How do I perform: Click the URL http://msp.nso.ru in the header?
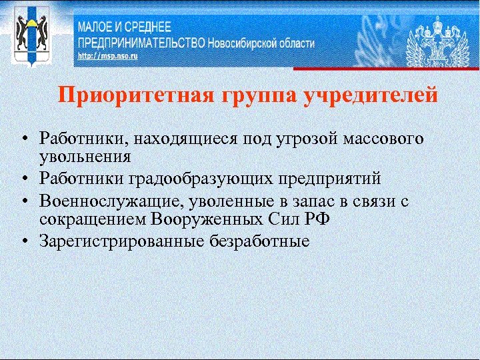[107, 57]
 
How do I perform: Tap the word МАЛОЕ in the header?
[97, 28]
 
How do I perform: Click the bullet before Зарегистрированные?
[23, 241]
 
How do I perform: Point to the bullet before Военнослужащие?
[23, 201]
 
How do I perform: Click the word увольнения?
[84, 157]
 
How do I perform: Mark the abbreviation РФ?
[324, 219]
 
